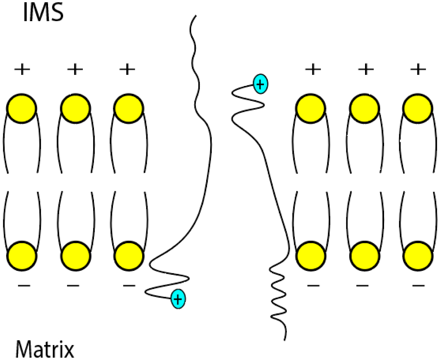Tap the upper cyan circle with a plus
tap(260, 84)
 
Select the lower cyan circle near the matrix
tap(178, 299)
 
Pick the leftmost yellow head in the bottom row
tap(22, 256)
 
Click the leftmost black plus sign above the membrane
tap(22, 69)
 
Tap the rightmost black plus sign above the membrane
tap(418, 69)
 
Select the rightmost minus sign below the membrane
tap(418, 285)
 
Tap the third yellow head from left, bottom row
tap(128, 256)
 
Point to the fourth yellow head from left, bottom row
tap(311, 256)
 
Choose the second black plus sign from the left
tap(75, 69)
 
